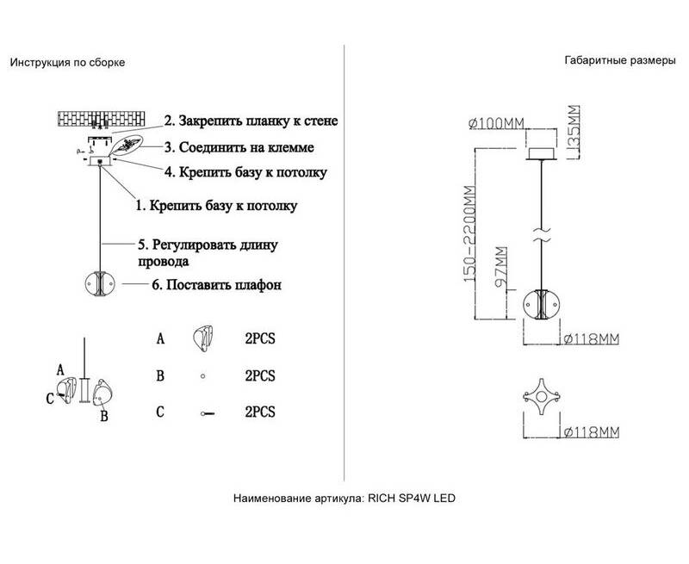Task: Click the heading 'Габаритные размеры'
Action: (614, 62)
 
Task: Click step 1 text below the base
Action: (216, 206)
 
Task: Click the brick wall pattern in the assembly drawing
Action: (109, 120)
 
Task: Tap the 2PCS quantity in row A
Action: (260, 338)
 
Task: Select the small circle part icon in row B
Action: (203, 376)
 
